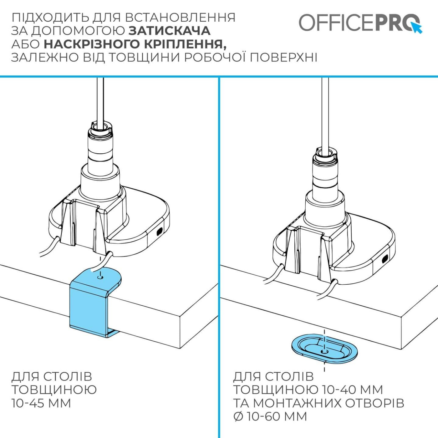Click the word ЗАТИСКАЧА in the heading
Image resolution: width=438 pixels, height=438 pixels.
coord(169,31)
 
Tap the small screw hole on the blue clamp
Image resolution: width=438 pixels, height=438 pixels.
coord(100,277)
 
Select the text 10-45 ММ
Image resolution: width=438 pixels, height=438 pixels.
coord(41,403)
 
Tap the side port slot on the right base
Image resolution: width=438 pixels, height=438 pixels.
coord(385,259)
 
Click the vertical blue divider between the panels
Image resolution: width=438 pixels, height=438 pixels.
coord(219,250)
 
